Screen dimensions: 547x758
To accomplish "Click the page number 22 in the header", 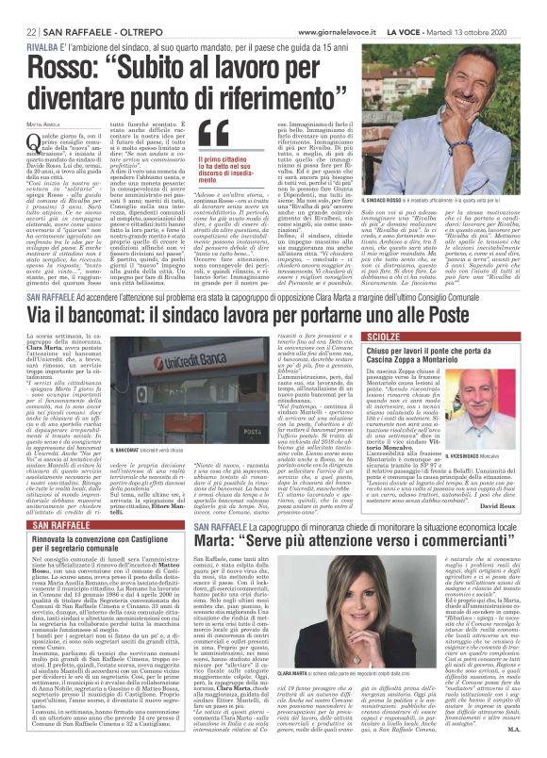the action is (20, 8).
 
